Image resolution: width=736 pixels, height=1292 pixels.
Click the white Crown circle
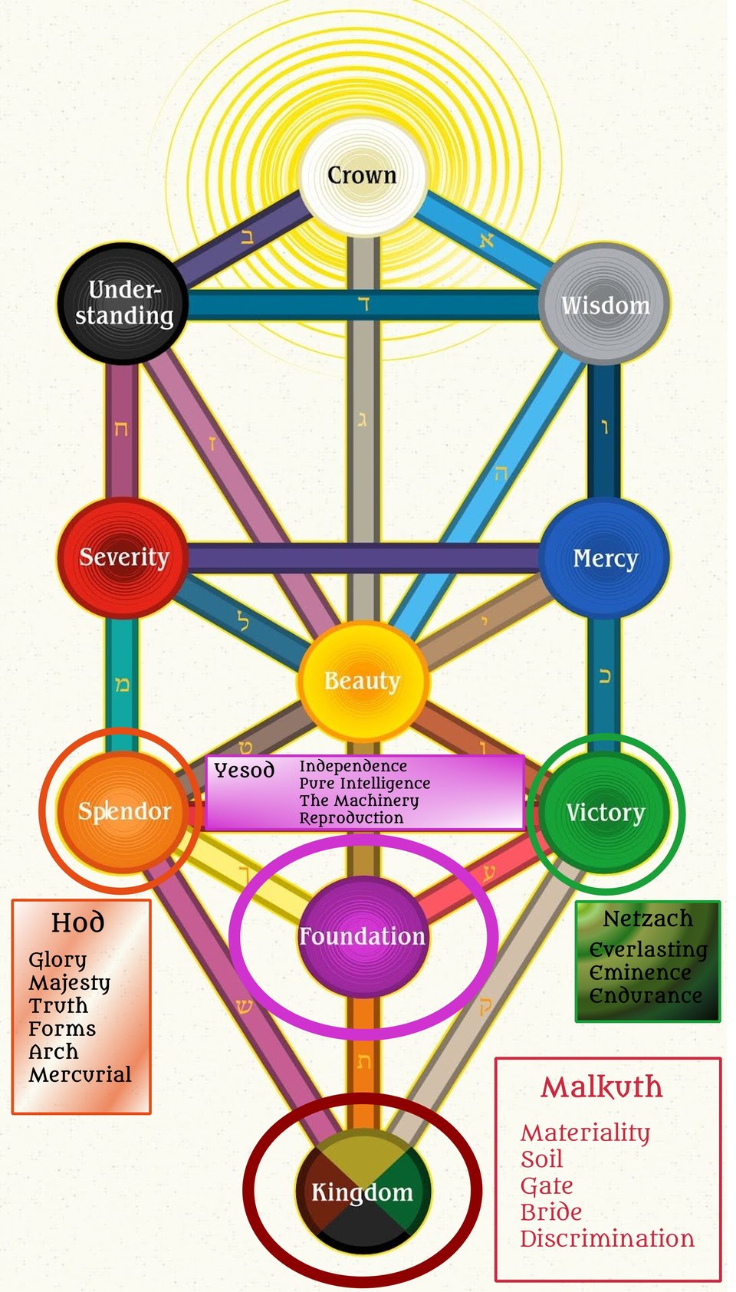point(364,176)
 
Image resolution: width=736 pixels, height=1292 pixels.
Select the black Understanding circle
point(123,304)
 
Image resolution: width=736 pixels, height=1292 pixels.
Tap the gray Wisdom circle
point(604,304)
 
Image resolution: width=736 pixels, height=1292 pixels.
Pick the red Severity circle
point(123,557)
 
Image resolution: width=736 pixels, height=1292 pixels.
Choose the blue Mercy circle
point(604,557)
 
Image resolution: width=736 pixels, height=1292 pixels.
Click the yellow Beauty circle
point(363,681)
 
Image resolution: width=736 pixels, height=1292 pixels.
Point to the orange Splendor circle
point(124,811)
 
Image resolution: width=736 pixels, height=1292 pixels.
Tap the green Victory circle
point(604,811)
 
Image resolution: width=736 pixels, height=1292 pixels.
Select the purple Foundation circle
point(363,936)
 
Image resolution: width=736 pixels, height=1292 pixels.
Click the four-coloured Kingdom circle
point(363,1191)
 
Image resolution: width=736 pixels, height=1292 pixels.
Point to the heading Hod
point(78,923)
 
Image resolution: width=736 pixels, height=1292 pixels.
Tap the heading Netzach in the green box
point(648,919)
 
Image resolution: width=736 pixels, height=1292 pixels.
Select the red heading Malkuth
point(602,1087)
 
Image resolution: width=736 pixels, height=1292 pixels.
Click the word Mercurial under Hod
point(80,1074)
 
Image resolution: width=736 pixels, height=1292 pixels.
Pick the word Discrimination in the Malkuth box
point(606,1238)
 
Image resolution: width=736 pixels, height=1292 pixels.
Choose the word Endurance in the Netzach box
point(646,995)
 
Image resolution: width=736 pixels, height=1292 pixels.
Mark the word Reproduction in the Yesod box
point(351,818)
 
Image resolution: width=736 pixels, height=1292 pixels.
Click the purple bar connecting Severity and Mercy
point(364,557)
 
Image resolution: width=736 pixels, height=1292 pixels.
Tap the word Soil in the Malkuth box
point(541,1159)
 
